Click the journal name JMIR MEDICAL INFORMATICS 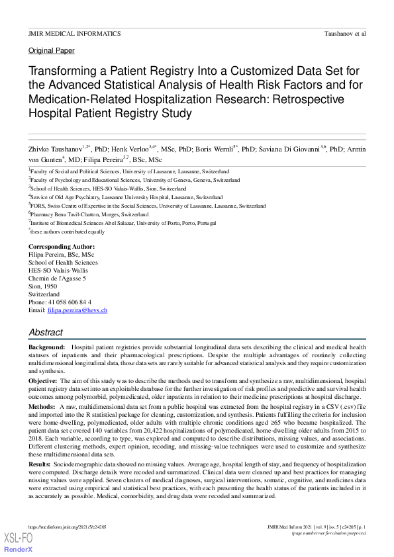(x=74, y=33)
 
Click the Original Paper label (x=52, y=51)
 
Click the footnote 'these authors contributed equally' (x=68, y=232)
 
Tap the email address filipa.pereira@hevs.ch (x=77, y=310)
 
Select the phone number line (x=60, y=302)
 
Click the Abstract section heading (x=46, y=333)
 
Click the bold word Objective (x=42, y=382)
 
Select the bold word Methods (x=42, y=406)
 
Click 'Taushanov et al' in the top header (x=345, y=33)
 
